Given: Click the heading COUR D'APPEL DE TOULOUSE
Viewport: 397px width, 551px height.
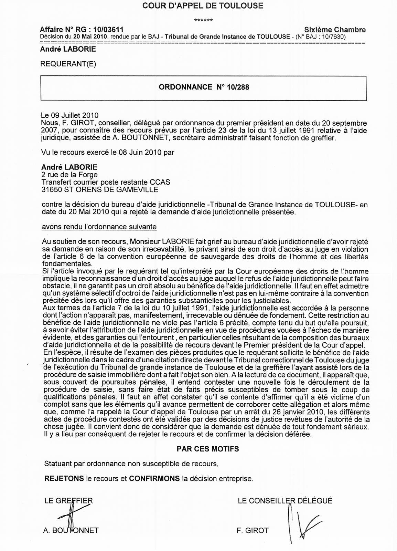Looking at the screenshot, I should pos(198,6).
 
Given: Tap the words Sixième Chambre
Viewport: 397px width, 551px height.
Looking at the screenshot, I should pos(335,30).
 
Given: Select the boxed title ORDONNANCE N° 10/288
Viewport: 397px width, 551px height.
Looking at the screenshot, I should pos(204,87).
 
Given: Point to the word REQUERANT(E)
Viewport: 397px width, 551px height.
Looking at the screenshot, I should pos(68,64).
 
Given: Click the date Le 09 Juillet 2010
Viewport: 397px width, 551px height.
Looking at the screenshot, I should pos(70,115).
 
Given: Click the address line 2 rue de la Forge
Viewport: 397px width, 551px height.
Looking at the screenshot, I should pos(69,175).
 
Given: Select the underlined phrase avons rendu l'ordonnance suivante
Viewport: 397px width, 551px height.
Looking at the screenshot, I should pos(99,227).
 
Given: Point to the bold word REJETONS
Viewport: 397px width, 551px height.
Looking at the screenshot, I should pos(64,479).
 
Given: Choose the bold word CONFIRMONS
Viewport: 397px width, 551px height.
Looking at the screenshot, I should pos(154,479).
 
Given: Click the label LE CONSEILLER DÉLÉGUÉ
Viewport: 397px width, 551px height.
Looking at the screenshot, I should pos(285,501).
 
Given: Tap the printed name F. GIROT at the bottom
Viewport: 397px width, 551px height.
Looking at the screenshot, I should pos(252,531).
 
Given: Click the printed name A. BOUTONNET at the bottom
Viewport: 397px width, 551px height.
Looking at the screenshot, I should pos(71,531).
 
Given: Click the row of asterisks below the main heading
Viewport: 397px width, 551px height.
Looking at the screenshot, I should pos(203,20).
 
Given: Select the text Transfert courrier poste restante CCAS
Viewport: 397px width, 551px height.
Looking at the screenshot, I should pos(106,182).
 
